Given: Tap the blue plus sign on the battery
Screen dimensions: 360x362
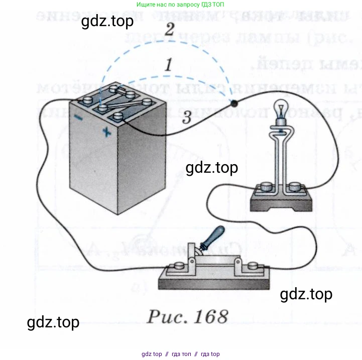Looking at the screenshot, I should [x=106, y=132].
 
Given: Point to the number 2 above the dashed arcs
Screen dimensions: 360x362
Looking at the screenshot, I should [x=169, y=30].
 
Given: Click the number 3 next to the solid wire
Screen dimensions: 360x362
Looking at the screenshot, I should [x=187, y=118].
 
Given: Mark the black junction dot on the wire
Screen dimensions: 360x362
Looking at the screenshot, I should [x=234, y=104].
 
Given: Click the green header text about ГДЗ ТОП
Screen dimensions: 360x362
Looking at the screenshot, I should [x=181, y=5].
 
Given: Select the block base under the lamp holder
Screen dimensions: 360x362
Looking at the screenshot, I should [x=281, y=201].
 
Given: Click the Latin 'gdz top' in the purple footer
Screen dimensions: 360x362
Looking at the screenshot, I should [x=152, y=354].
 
